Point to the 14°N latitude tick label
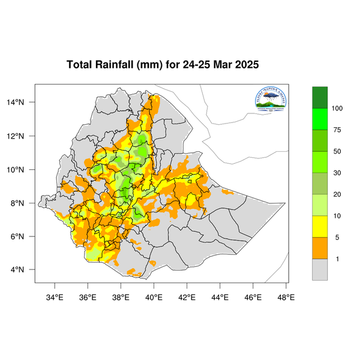[23, 103]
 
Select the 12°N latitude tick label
[23, 136]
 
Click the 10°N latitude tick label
[23, 170]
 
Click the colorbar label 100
[337, 108]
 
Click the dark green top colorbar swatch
[320, 97]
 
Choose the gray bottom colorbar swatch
[320, 269]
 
